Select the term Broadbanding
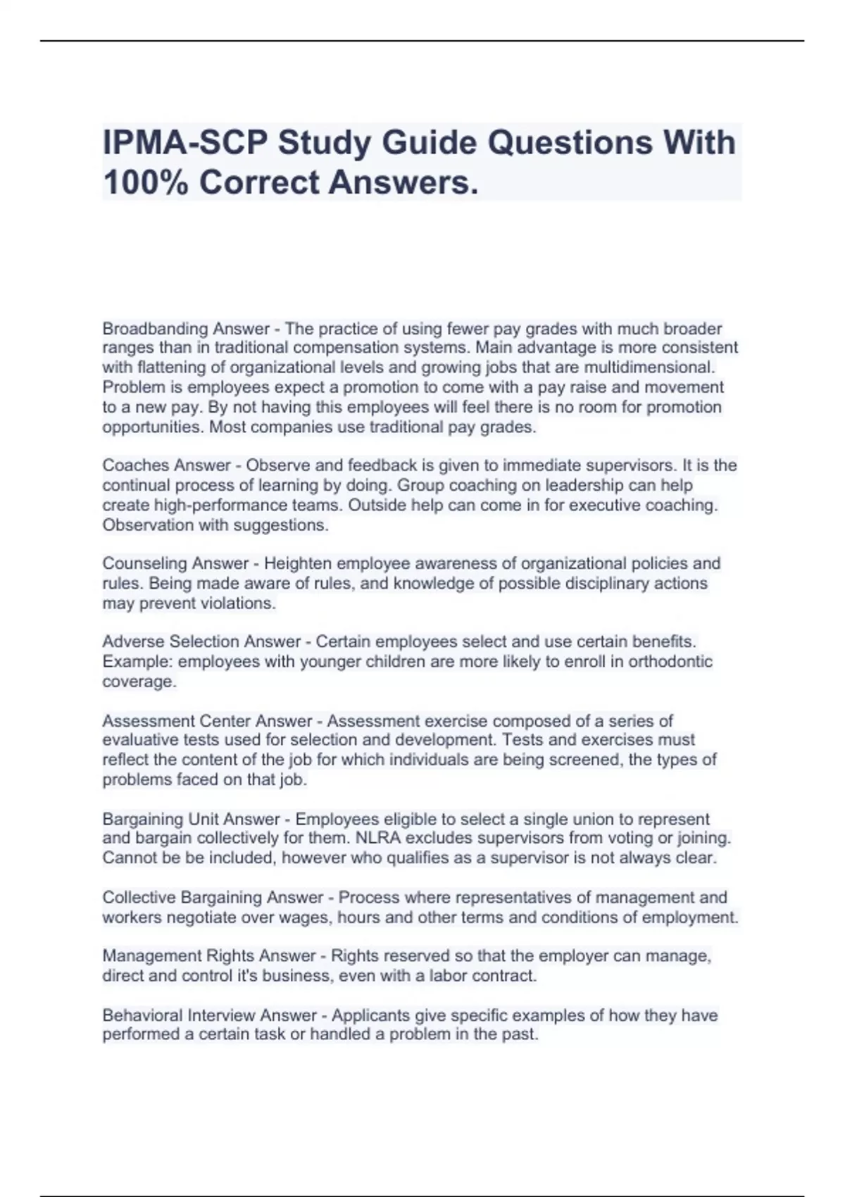pos(155,329)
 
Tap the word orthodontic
pos(670,661)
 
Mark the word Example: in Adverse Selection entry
pos(137,661)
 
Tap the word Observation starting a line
pos(148,525)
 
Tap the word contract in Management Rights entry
pos(506,975)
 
